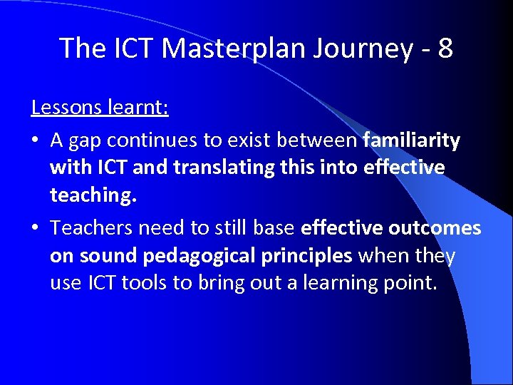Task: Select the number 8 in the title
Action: click(445, 48)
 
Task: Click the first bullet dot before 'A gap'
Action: click(36, 141)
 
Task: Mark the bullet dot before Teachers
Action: click(36, 228)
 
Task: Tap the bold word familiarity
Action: click(411, 140)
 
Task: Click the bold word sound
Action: click(107, 255)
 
